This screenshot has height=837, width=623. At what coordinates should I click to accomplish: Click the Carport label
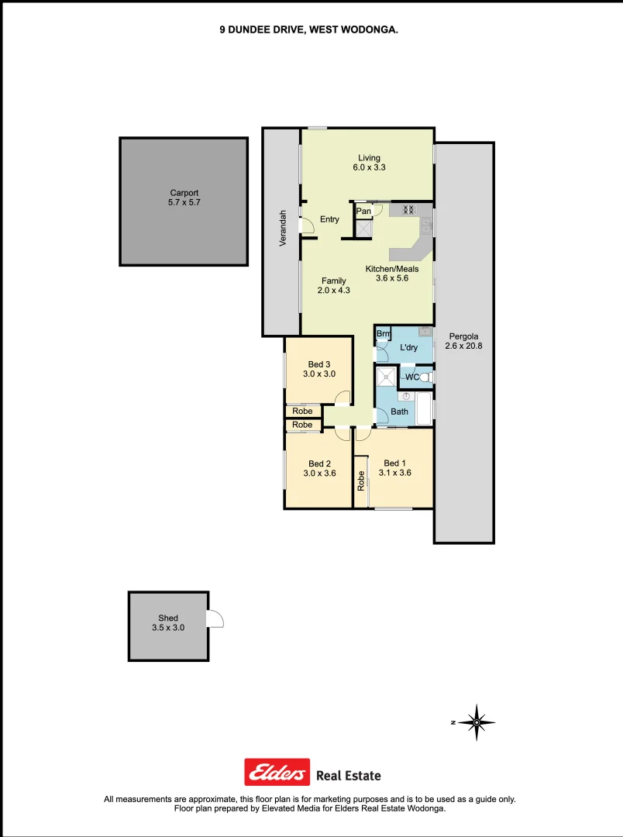coord(184,193)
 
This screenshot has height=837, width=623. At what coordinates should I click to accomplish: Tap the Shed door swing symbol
coord(215,618)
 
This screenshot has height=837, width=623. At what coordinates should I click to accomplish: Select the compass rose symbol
coord(477,722)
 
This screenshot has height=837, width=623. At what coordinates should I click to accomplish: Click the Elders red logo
coord(277,772)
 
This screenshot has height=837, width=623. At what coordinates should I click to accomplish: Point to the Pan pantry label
coord(363,211)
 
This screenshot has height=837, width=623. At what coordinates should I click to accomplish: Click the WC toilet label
coord(412,377)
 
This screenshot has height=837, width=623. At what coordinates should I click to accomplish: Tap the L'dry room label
coord(408,347)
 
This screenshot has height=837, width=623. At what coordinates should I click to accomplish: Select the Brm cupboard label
coord(383,334)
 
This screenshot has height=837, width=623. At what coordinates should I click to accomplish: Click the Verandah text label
coord(284,229)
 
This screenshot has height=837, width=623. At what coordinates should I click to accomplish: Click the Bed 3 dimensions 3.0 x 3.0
coord(318,374)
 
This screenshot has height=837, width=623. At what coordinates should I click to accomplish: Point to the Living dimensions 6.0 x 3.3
coord(369,168)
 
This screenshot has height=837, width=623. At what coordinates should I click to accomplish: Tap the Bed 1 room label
coord(394,463)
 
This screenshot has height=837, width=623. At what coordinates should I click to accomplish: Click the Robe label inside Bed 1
coord(362,481)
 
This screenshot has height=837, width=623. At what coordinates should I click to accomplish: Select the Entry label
coord(329,219)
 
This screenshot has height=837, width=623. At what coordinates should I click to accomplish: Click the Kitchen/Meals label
coord(392,269)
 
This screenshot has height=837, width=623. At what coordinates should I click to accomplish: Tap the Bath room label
coord(399,412)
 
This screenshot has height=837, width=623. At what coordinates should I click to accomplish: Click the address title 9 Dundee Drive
coord(308,29)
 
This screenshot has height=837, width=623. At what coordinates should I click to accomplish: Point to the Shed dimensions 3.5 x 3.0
coord(168,628)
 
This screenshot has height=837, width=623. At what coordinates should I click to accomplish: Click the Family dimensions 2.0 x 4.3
coord(334,291)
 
